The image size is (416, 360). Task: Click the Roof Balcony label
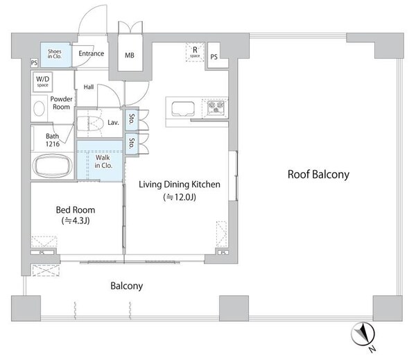tap(318, 174)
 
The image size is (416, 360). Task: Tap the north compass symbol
tap(363, 334)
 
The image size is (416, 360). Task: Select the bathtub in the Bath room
tap(53, 166)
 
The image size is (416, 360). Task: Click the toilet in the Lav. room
tap(89, 123)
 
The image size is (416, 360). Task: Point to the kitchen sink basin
tap(183, 109)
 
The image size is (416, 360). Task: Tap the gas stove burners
tap(216, 107)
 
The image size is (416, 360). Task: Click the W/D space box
tap(42, 82)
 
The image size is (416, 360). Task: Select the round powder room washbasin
tap(39, 109)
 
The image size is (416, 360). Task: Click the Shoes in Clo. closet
tap(56, 54)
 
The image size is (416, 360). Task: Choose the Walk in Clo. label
tap(103, 161)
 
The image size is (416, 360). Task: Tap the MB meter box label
tap(130, 55)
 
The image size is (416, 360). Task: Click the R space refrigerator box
tap(195, 52)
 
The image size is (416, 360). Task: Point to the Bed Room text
tap(76, 209)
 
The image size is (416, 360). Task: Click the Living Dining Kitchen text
tap(180, 185)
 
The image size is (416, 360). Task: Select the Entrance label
tap(92, 53)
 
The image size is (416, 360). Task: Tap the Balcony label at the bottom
tap(127, 286)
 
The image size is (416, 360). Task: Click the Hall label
tap(89, 87)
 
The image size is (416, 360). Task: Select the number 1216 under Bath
tap(53, 144)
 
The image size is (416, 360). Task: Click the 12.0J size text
tap(180, 197)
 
